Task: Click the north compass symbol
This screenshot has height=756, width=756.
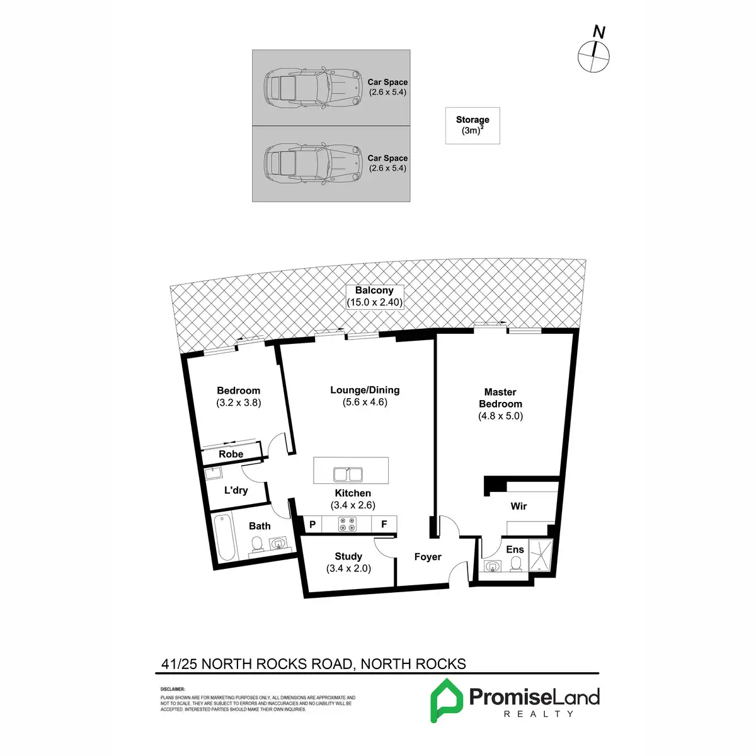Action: (593, 55)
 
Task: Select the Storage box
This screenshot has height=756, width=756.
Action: (472, 125)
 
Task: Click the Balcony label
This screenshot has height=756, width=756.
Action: (374, 290)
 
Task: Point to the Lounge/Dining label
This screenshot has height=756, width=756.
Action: (365, 390)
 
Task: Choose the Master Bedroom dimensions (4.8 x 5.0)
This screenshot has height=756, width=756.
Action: (500, 416)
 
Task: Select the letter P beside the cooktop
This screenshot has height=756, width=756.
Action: (312, 524)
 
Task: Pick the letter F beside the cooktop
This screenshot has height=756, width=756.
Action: (384, 524)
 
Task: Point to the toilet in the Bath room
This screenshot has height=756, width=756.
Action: (257, 545)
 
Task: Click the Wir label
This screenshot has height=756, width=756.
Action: (518, 506)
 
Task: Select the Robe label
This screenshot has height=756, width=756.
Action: (231, 454)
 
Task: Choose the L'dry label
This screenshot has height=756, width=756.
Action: (236, 490)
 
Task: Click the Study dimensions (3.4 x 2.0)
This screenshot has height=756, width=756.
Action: (348, 568)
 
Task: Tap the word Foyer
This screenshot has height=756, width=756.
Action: (428, 557)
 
